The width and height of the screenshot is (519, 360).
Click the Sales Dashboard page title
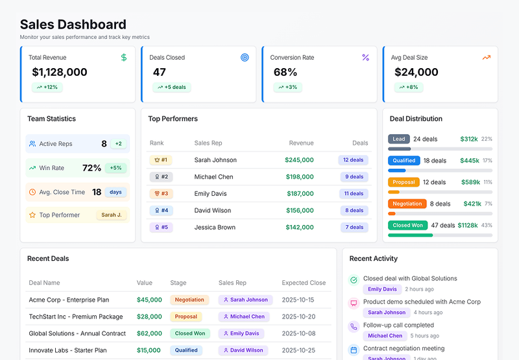click(73, 25)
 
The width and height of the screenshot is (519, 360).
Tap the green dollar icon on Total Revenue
click(124, 58)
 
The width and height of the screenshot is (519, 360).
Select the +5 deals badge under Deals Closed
click(171, 87)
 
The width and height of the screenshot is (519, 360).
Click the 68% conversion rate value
click(285, 72)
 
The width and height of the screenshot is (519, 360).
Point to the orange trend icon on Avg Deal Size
click(486, 58)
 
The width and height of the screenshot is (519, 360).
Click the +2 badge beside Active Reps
click(118, 144)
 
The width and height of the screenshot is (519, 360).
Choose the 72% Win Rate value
click(91, 168)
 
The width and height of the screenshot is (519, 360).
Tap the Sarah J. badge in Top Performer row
click(111, 215)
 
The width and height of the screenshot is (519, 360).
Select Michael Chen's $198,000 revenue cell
click(299, 176)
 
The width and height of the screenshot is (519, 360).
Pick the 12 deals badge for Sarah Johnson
click(353, 160)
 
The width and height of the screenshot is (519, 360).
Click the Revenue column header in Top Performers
click(301, 143)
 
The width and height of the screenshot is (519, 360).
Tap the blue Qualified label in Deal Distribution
click(404, 160)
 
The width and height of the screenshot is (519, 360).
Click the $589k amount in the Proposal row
click(469, 182)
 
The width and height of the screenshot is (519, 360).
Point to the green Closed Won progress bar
click(410, 235)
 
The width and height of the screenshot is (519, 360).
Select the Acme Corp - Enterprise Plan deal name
click(69, 300)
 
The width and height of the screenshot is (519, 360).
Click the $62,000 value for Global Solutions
click(149, 333)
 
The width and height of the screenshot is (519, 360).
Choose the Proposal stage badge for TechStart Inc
click(186, 317)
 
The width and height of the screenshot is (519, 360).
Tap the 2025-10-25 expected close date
click(298, 350)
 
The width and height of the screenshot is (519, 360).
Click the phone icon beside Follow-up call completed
click(354, 326)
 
